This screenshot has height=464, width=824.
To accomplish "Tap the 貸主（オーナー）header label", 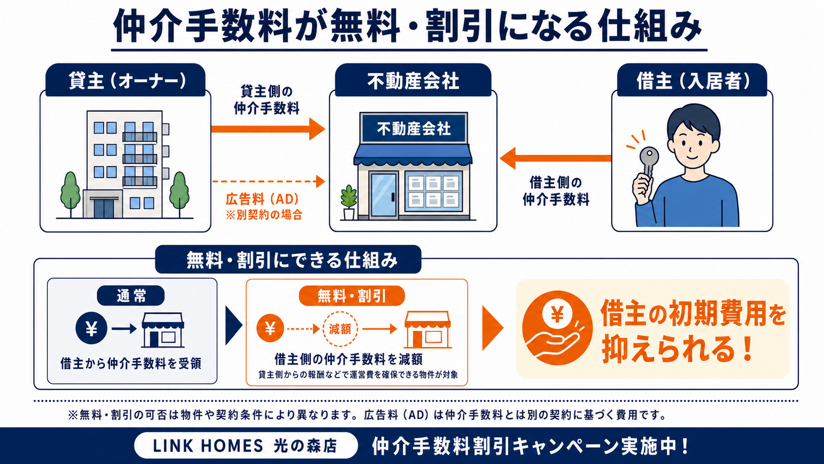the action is (126, 80).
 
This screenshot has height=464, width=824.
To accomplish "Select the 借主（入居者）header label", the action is (691, 80).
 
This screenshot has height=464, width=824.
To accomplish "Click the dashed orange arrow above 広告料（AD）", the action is (269, 181).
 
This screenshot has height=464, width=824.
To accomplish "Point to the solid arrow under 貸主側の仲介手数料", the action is (268, 129).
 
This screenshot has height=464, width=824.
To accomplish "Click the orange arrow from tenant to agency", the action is (555, 158).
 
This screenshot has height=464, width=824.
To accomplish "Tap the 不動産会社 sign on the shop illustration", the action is (414, 129).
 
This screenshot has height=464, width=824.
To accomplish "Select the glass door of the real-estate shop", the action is (384, 195).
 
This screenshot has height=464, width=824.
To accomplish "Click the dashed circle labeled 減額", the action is (340, 329).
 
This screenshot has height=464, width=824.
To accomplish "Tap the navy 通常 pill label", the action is (131, 295).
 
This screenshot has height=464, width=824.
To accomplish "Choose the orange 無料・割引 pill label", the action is (352, 296).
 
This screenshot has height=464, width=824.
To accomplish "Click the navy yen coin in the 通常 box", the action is (91, 328).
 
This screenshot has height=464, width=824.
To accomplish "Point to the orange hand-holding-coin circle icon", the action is (557, 328).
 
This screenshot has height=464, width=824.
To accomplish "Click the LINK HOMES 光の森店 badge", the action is (245, 446).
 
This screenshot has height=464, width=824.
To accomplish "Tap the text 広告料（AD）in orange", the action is (263, 199).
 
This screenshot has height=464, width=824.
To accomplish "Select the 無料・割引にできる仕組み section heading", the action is (288, 259).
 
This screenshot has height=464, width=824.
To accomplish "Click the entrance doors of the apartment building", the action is (104, 208).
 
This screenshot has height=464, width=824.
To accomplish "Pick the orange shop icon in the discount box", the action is (427, 330).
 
